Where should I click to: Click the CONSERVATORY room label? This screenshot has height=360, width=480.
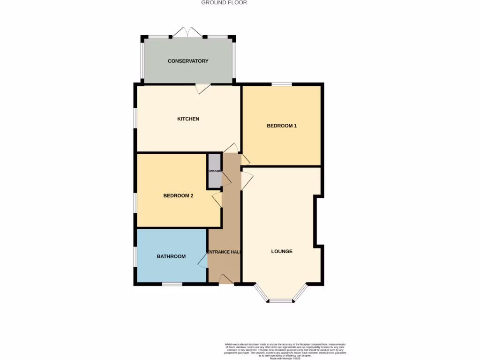pos(188,61)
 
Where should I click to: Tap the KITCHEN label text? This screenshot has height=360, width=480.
pos(188,119)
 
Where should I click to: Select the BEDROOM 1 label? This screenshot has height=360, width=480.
pos(282,126)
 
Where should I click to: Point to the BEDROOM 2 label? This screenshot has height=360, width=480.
pos(178,196)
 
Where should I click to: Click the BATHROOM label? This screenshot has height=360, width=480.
pos(171,256)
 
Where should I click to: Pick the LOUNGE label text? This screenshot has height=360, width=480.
pos(282,251)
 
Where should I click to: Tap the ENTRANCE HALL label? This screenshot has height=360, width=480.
pos(224,252)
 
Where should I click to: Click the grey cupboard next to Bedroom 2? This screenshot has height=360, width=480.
pos(214,171)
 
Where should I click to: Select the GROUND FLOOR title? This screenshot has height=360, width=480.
pos(224,3)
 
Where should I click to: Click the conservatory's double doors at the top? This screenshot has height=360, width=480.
pos(187,33)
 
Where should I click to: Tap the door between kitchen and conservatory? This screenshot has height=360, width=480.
pos(202,88)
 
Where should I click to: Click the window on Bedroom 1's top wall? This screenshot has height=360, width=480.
pos(282,84)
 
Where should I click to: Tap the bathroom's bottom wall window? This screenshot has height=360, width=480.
pos(172,284)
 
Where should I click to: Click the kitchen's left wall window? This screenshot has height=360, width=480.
pos(135,118)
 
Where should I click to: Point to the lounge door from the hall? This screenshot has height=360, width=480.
pos(247,178)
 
